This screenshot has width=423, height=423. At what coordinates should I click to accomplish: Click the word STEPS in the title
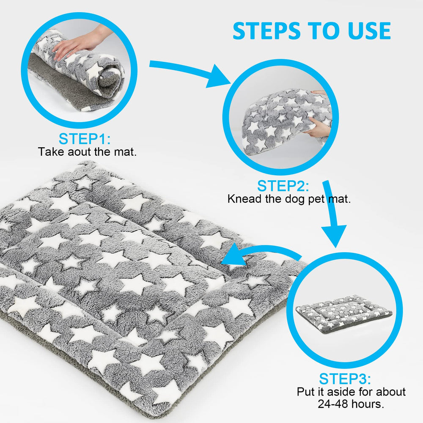(x=266, y=31)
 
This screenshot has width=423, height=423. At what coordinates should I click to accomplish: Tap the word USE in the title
(x=369, y=31)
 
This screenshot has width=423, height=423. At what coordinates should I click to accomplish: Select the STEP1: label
(x=85, y=139)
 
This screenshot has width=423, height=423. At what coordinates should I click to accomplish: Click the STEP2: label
(x=283, y=186)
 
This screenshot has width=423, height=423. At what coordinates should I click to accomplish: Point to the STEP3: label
(x=345, y=379)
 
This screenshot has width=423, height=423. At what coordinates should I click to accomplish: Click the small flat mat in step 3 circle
(x=344, y=314)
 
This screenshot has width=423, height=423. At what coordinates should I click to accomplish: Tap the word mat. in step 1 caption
(x=125, y=152)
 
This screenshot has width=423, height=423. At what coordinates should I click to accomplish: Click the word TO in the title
(x=324, y=31)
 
